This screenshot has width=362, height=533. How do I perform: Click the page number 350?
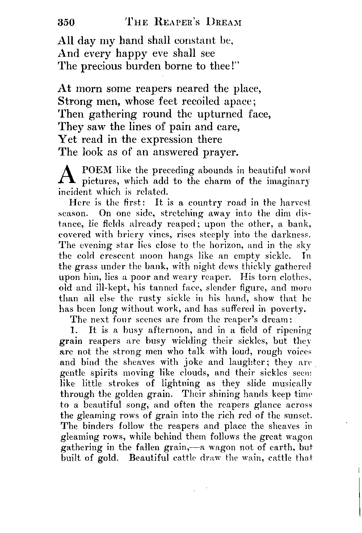click(66, 22)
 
